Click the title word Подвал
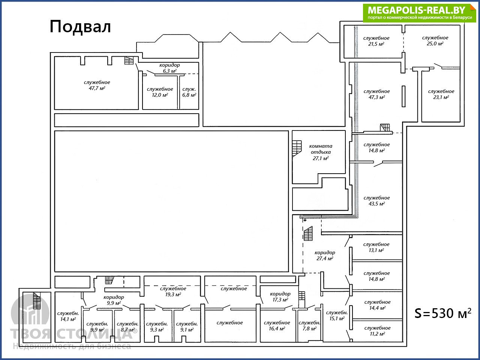point(80,27)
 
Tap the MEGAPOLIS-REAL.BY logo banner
point(419,13)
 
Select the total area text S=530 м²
point(442,313)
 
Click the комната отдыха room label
point(321,152)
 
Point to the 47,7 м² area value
point(97,88)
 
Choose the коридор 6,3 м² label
point(169,68)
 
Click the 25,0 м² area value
point(435,43)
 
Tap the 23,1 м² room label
point(441,94)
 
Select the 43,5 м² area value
point(376,204)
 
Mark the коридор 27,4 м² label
point(325,255)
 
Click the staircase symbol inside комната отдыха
point(297,148)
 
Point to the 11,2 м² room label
point(377,331)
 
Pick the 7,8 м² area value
point(309,329)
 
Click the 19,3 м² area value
point(173,294)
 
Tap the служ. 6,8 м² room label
point(189,92)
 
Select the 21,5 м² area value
point(376,44)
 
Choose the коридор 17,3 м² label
point(280,297)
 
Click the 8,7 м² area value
point(128,330)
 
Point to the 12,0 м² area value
point(160,95)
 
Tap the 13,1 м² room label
point(376,247)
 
